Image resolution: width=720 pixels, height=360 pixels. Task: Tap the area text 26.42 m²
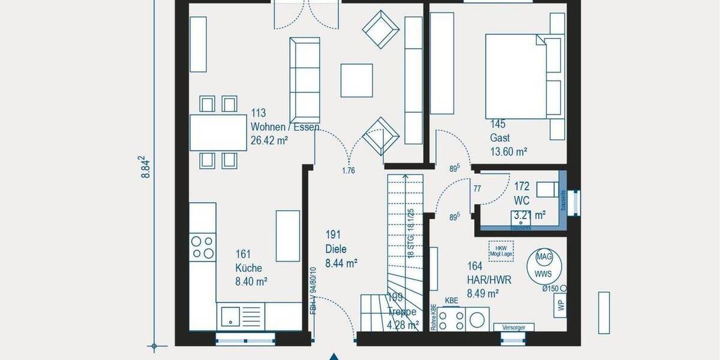pyautogui.click(x=269, y=142)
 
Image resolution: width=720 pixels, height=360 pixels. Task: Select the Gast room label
pyautogui.click(x=500, y=137)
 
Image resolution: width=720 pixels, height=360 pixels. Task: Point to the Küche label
pyautogui.click(x=249, y=268)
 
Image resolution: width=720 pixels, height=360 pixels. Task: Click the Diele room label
pyautogui.click(x=337, y=249)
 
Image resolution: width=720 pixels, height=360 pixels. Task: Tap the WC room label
pyautogui.click(x=521, y=201)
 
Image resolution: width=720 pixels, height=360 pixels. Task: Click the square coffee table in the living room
pyautogui.click(x=356, y=80)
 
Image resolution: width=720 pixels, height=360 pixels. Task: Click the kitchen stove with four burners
pyautogui.click(x=202, y=247)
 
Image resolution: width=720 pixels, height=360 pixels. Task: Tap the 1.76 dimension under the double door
pyautogui.click(x=348, y=170)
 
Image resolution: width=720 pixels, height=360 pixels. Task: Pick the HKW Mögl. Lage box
pyautogui.click(x=499, y=249)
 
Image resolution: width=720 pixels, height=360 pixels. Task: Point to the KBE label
pyautogui.click(x=451, y=301)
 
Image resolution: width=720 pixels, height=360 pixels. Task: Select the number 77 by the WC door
pyautogui.click(x=478, y=188)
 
